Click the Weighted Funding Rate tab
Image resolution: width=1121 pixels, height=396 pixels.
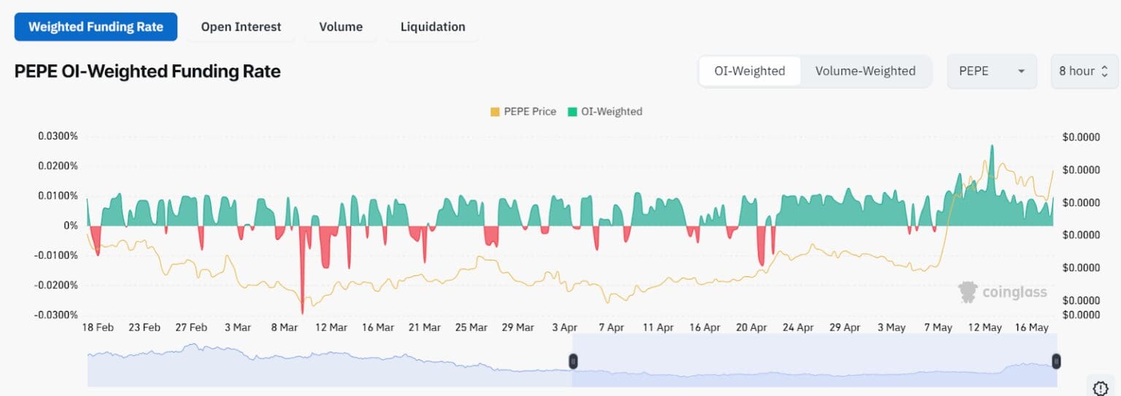click(96, 27)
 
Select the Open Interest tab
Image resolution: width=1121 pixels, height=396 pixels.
click(241, 27)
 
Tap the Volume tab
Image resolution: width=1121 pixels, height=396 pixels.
click(341, 27)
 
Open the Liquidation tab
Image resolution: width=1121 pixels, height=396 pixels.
click(433, 27)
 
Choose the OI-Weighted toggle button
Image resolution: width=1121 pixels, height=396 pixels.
click(750, 71)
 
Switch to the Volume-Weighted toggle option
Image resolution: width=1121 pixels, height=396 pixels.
click(865, 71)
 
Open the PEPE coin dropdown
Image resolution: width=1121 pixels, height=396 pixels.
click(991, 71)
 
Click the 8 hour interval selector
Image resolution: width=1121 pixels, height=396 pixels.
click(1084, 71)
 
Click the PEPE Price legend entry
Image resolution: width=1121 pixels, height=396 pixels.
click(523, 112)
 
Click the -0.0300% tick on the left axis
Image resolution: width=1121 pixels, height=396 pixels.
click(55, 315)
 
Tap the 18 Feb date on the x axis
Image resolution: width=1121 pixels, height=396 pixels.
click(97, 327)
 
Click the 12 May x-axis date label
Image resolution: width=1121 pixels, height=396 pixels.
click(985, 327)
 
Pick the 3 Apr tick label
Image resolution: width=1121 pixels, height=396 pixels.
click(564, 327)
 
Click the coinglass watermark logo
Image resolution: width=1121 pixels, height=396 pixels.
click(1003, 292)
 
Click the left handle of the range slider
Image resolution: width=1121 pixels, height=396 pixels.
click(573, 361)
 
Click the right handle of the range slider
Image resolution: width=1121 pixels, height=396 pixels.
click(1056, 361)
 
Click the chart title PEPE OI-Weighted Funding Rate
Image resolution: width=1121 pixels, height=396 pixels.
click(147, 71)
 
